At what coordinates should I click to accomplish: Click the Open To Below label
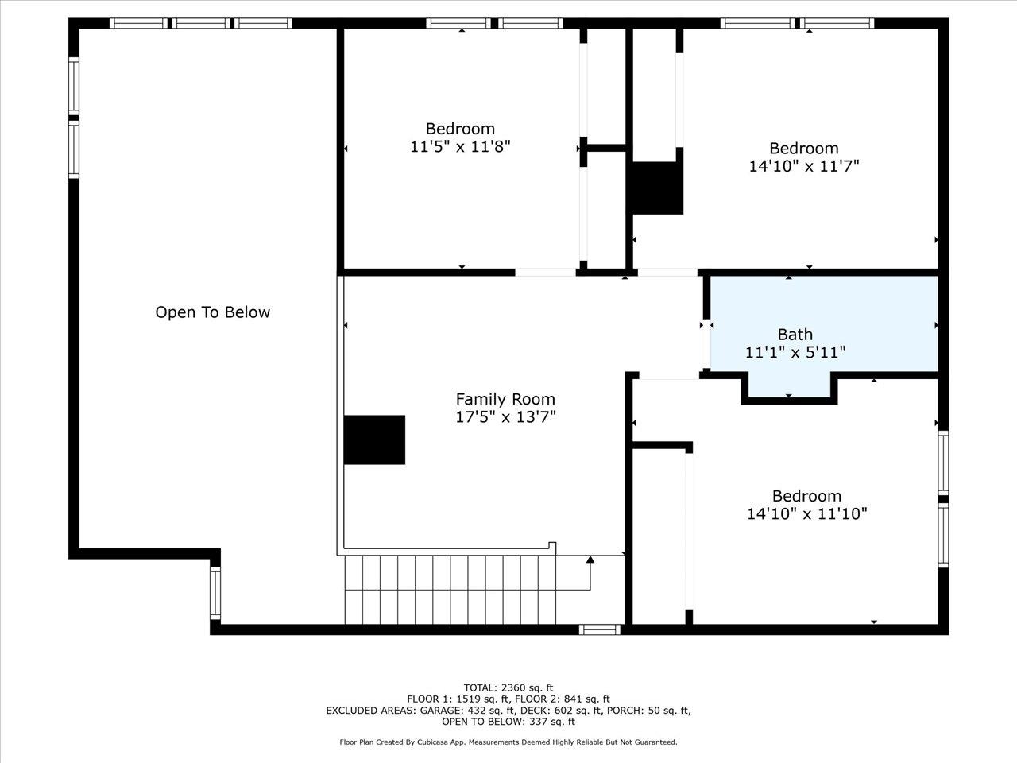pyautogui.click(x=213, y=312)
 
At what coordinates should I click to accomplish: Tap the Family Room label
pyautogui.click(x=505, y=399)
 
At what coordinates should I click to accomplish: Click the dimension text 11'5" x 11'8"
pyautogui.click(x=460, y=147)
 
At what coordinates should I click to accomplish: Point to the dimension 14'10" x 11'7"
pyautogui.click(x=804, y=166)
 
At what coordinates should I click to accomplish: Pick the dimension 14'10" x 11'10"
pyautogui.click(x=807, y=513)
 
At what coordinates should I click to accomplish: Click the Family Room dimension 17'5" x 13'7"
pyautogui.click(x=505, y=417)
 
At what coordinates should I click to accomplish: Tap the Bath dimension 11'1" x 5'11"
pyautogui.click(x=795, y=353)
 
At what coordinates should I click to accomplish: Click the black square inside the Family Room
pyautogui.click(x=374, y=440)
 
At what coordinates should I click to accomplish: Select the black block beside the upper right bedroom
pyautogui.click(x=658, y=188)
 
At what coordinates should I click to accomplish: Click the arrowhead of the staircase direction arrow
pyautogui.click(x=590, y=560)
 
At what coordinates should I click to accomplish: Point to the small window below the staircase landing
pyautogui.click(x=600, y=629)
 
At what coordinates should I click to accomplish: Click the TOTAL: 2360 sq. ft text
pyautogui.click(x=508, y=688)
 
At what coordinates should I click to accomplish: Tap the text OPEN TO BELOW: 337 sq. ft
pyautogui.click(x=508, y=722)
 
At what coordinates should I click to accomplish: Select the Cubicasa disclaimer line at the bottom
pyautogui.click(x=508, y=742)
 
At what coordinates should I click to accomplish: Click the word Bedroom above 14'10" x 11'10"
pyautogui.click(x=806, y=496)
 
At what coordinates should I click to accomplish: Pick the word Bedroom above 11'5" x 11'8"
pyautogui.click(x=460, y=128)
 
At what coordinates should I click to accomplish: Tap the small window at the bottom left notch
pyautogui.click(x=215, y=593)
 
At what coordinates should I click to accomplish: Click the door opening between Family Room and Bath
pyautogui.click(x=706, y=343)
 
